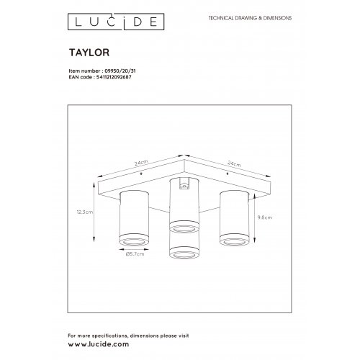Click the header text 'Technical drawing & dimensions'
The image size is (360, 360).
[249, 16]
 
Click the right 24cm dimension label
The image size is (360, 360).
[233, 163]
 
